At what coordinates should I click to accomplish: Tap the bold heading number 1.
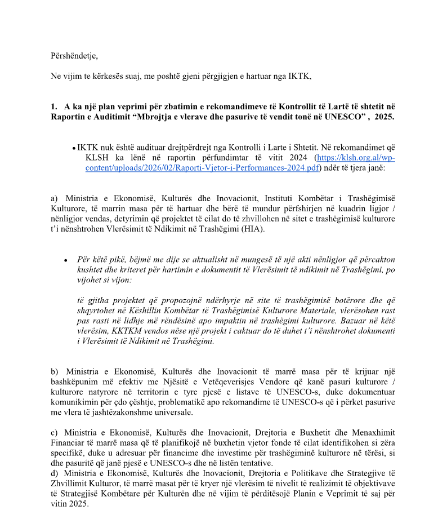coord(54,105)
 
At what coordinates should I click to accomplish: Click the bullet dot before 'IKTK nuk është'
coord(74,148)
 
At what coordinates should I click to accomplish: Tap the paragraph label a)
coord(54,198)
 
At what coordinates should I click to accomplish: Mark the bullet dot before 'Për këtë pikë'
coord(66,260)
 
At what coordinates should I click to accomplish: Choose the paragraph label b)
coord(54,371)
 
